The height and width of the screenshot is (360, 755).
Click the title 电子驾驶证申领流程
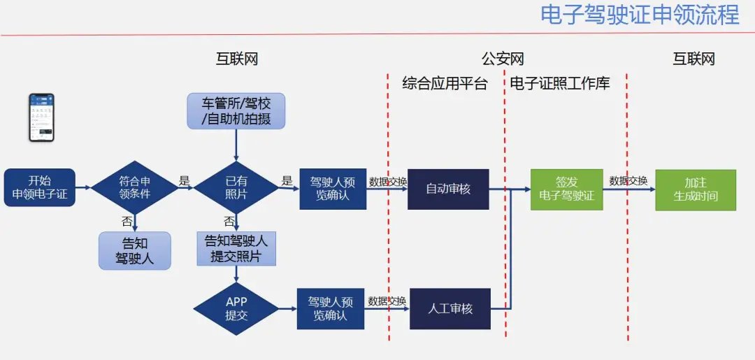point(640,15)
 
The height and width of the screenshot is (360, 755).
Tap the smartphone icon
point(41,117)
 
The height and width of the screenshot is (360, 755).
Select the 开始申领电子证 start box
point(39,187)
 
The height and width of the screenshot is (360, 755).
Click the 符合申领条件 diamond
point(135,187)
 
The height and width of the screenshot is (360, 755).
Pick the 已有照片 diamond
point(236,187)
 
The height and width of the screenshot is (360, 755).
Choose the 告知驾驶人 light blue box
point(135,251)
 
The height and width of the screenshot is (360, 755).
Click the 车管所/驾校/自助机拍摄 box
point(236,110)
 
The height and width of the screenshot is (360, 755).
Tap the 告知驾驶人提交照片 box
point(236,249)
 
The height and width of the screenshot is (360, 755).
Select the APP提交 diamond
point(236,308)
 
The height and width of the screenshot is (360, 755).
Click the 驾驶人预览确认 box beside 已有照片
point(333,189)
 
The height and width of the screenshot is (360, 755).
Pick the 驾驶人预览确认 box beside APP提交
point(331,308)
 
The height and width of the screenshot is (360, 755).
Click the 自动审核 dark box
point(448,189)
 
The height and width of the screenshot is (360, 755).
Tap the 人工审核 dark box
point(450,308)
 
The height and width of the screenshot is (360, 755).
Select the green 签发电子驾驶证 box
point(567,189)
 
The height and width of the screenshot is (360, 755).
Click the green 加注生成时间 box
point(696,189)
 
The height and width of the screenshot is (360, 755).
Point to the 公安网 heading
point(503,59)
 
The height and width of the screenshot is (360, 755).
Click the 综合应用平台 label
point(445,84)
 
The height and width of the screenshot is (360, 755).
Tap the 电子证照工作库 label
point(560,84)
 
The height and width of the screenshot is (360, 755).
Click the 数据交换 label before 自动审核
point(388,181)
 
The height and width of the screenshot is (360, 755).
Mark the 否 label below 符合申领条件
point(127,222)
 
